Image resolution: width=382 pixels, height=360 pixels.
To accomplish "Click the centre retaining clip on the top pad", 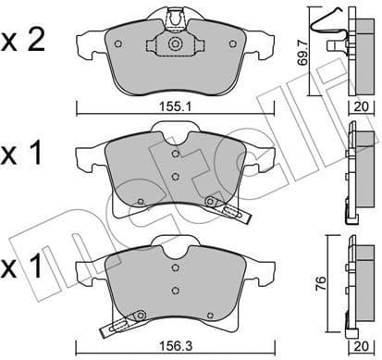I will click(174, 42).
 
